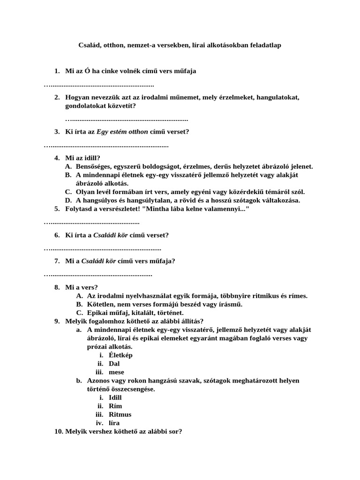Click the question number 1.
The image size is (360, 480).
coord(57,71)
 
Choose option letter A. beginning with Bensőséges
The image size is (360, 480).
coord(68,166)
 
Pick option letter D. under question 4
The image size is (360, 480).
coord(68,200)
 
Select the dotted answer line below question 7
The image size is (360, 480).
coord(98,274)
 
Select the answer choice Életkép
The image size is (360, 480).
coord(120,355)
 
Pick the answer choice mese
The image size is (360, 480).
coord(116,372)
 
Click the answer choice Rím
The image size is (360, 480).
coord(115,406)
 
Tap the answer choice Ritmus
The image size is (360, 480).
coord(120,414)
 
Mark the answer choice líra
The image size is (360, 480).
coord(114,423)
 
